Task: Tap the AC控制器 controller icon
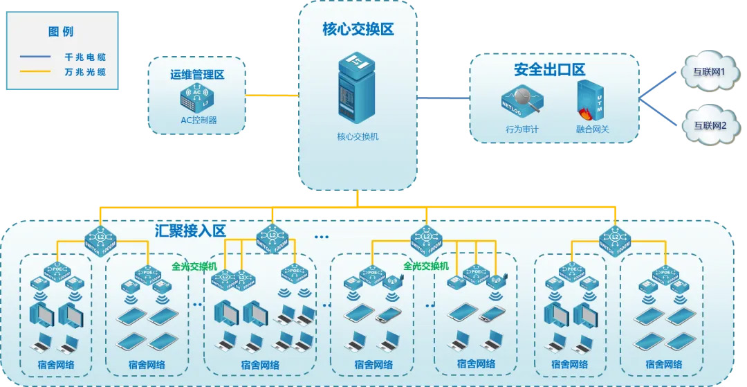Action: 197,99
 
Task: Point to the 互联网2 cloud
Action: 709,126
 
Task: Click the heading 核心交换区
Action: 358,30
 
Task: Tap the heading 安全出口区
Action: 549,69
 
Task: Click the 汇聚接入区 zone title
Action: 190,231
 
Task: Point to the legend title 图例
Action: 61,32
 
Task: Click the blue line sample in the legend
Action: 35,57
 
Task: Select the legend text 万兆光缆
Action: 85,72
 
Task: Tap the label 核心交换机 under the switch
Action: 358,136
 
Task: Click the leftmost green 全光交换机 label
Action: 194,265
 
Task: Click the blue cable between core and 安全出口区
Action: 444,98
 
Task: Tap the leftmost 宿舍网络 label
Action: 56,365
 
